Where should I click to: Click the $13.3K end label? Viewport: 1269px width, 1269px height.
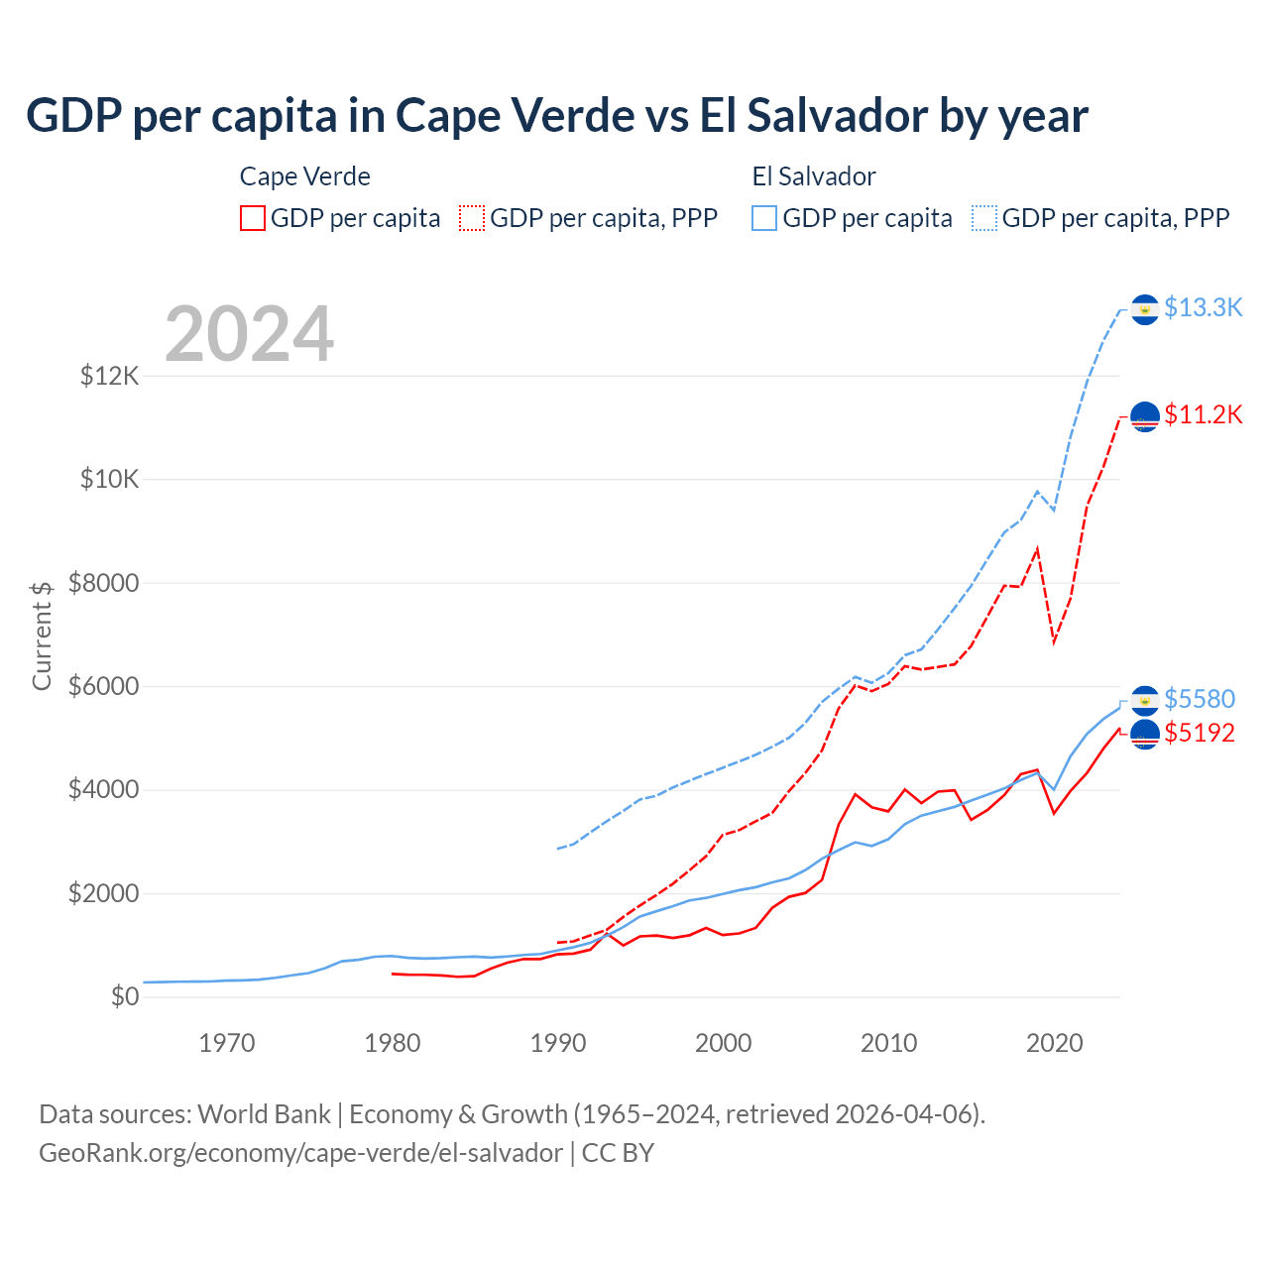[x=1203, y=308]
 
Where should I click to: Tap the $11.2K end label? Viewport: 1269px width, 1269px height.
[x=1203, y=414]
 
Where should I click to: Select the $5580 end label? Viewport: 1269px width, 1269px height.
[x=1200, y=699]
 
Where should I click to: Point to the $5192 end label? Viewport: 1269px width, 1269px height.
[x=1200, y=734]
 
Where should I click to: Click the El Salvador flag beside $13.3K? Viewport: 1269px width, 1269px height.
[x=1145, y=309]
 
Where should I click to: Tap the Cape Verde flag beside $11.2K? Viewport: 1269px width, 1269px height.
[x=1145, y=416]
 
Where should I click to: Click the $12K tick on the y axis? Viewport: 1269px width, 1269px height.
[x=110, y=377]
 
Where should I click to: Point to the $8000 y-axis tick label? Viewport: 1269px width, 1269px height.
[x=104, y=583]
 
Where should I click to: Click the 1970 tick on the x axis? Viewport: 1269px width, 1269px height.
[x=227, y=1043]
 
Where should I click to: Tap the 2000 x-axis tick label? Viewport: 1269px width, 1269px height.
[x=724, y=1043]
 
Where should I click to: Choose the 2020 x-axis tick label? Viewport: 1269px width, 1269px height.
[x=1054, y=1043]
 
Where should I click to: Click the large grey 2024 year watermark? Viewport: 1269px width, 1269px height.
[x=250, y=334]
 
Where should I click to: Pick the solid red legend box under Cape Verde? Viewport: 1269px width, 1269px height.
[x=253, y=218]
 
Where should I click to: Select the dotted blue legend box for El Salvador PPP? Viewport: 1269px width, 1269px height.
[x=984, y=218]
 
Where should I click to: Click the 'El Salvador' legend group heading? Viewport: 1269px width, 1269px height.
[x=814, y=176]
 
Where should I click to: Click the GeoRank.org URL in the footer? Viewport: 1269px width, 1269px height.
[x=300, y=1153]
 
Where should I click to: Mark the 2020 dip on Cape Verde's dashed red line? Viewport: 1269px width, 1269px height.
[x=1054, y=642]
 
